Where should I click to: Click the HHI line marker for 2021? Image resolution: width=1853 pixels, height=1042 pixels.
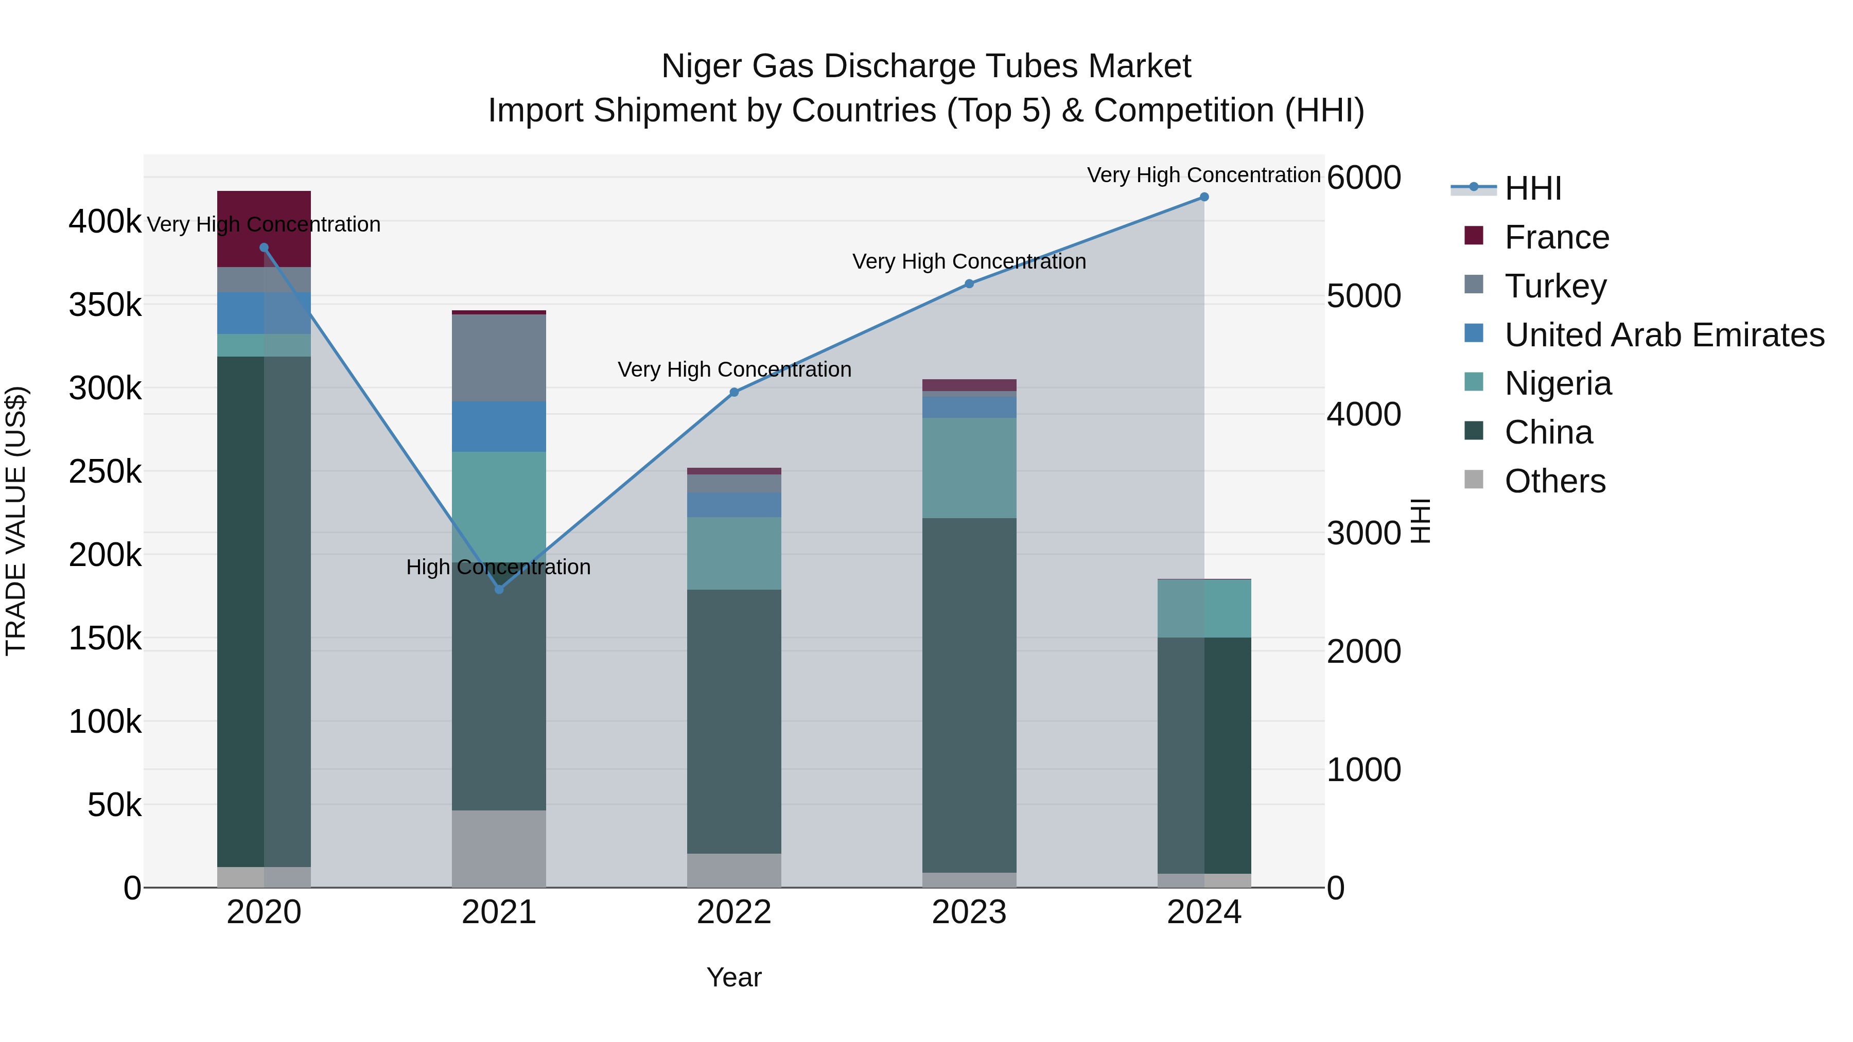pyautogui.click(x=499, y=589)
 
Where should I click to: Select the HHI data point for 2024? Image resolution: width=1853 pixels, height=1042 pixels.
pyautogui.click(x=1204, y=197)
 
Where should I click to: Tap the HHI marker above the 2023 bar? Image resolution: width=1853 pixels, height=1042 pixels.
pyautogui.click(x=969, y=284)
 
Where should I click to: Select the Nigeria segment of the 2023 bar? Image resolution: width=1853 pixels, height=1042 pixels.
pyautogui.click(x=969, y=467)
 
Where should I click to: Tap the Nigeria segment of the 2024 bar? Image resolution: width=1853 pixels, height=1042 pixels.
pyautogui.click(x=1204, y=608)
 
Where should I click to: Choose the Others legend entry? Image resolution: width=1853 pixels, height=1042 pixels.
pyautogui.click(x=1554, y=481)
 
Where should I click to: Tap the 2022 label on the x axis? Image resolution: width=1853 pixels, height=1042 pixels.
pyautogui.click(x=733, y=912)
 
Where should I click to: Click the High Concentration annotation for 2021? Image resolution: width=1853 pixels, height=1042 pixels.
pyautogui.click(x=498, y=568)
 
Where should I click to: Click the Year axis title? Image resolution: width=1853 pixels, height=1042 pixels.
pyautogui.click(x=733, y=977)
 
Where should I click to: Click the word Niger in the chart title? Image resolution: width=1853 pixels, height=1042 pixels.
pyautogui.click(x=702, y=66)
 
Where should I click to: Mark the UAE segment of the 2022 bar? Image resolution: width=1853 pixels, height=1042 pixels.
pyautogui.click(x=733, y=505)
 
